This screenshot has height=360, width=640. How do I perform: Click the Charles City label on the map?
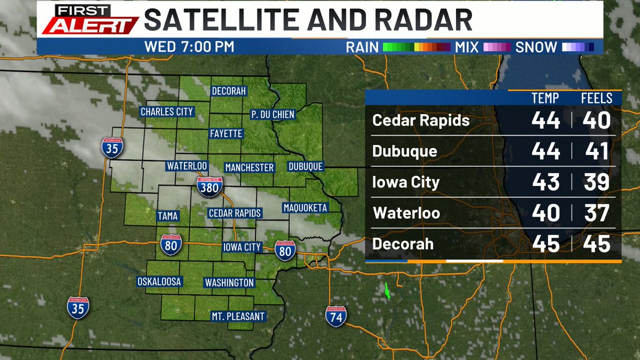(166, 112)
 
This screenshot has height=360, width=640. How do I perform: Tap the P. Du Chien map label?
(273, 114)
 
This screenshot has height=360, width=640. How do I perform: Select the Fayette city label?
(226, 133)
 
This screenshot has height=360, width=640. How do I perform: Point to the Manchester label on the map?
(249, 167)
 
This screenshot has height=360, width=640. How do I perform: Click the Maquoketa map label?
(305, 207)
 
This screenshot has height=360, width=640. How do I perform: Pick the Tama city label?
(167, 216)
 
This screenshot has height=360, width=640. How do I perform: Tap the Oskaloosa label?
(159, 281)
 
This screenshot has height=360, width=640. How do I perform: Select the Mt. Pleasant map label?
(237, 316)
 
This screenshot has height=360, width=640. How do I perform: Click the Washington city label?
(229, 283)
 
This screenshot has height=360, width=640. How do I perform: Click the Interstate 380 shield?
(209, 187)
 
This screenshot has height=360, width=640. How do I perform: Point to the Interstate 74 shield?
(336, 316)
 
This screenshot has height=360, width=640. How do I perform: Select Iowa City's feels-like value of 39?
(596, 182)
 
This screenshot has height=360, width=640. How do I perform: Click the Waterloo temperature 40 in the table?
(546, 213)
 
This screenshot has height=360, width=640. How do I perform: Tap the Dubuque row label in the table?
(405, 151)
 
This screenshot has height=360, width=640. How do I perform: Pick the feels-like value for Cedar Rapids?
(596, 121)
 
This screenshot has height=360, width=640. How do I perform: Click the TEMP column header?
(545, 98)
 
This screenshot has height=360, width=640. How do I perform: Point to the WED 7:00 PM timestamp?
(189, 47)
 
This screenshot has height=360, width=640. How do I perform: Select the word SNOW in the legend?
(535, 47)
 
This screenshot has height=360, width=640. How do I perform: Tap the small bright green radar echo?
(388, 291)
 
